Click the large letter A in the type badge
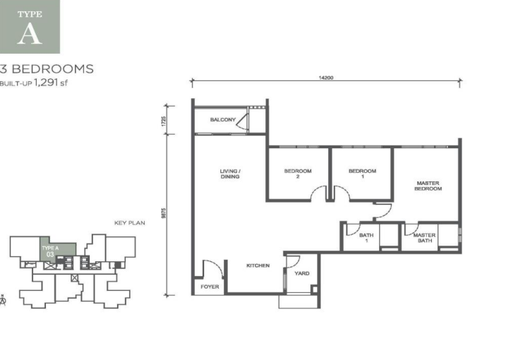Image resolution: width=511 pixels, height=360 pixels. click(x=30, y=35)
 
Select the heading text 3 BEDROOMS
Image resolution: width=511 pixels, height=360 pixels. click(x=47, y=69)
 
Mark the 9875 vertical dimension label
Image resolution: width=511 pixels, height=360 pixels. click(x=164, y=213)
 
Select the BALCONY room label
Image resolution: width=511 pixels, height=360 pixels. click(x=223, y=120)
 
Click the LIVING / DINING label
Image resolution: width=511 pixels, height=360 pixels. click(x=230, y=174)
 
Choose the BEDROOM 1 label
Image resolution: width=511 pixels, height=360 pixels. click(x=362, y=174)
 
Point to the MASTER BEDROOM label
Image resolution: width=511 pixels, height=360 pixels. click(x=428, y=186)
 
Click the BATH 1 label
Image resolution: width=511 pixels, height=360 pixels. click(x=366, y=238)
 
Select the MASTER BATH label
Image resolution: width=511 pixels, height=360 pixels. click(x=424, y=238)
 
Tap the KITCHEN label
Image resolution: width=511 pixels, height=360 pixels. click(x=258, y=265)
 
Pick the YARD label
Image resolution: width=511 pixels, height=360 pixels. click(x=301, y=272)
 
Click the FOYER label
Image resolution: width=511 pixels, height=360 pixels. click(x=210, y=287)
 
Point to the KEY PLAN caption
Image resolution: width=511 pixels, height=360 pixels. click(x=129, y=222)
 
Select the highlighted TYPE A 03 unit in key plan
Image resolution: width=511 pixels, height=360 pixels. click(x=50, y=250)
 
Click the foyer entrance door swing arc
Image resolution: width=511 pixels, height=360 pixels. click(x=212, y=268)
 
